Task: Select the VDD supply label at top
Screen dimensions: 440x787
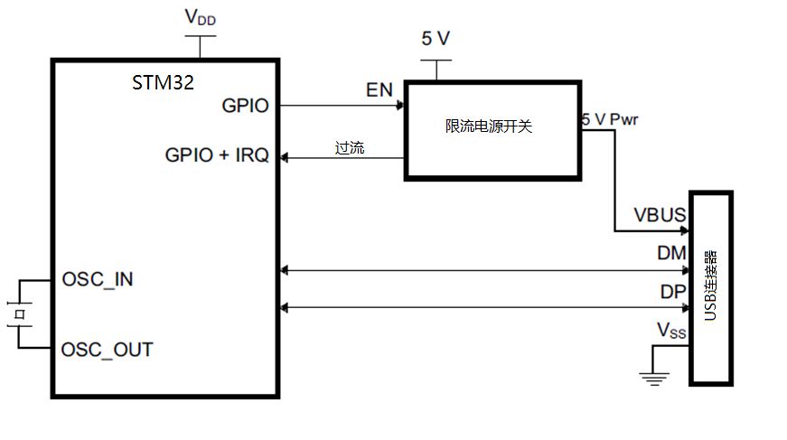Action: pos(200,17)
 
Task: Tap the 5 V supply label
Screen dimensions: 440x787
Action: pos(437,39)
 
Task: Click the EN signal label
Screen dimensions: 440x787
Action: pos(379,91)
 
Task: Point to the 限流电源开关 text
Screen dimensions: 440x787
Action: pos(490,126)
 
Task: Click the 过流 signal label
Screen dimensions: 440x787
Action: pos(350,147)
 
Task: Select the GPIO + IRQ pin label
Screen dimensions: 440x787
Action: pos(217,155)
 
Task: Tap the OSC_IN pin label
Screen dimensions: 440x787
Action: pos(97,278)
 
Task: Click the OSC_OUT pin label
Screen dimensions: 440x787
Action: pos(107,349)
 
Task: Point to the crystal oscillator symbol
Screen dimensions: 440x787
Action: pos(17,313)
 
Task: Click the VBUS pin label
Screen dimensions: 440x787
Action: pos(660,217)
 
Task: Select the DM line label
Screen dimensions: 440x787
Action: pos(671,255)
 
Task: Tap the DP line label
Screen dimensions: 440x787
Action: pos(672,293)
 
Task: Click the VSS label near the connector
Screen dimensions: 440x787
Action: pos(670,332)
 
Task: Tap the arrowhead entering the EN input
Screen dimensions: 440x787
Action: pos(398,106)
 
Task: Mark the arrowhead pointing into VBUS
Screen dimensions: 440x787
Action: pos(684,230)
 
